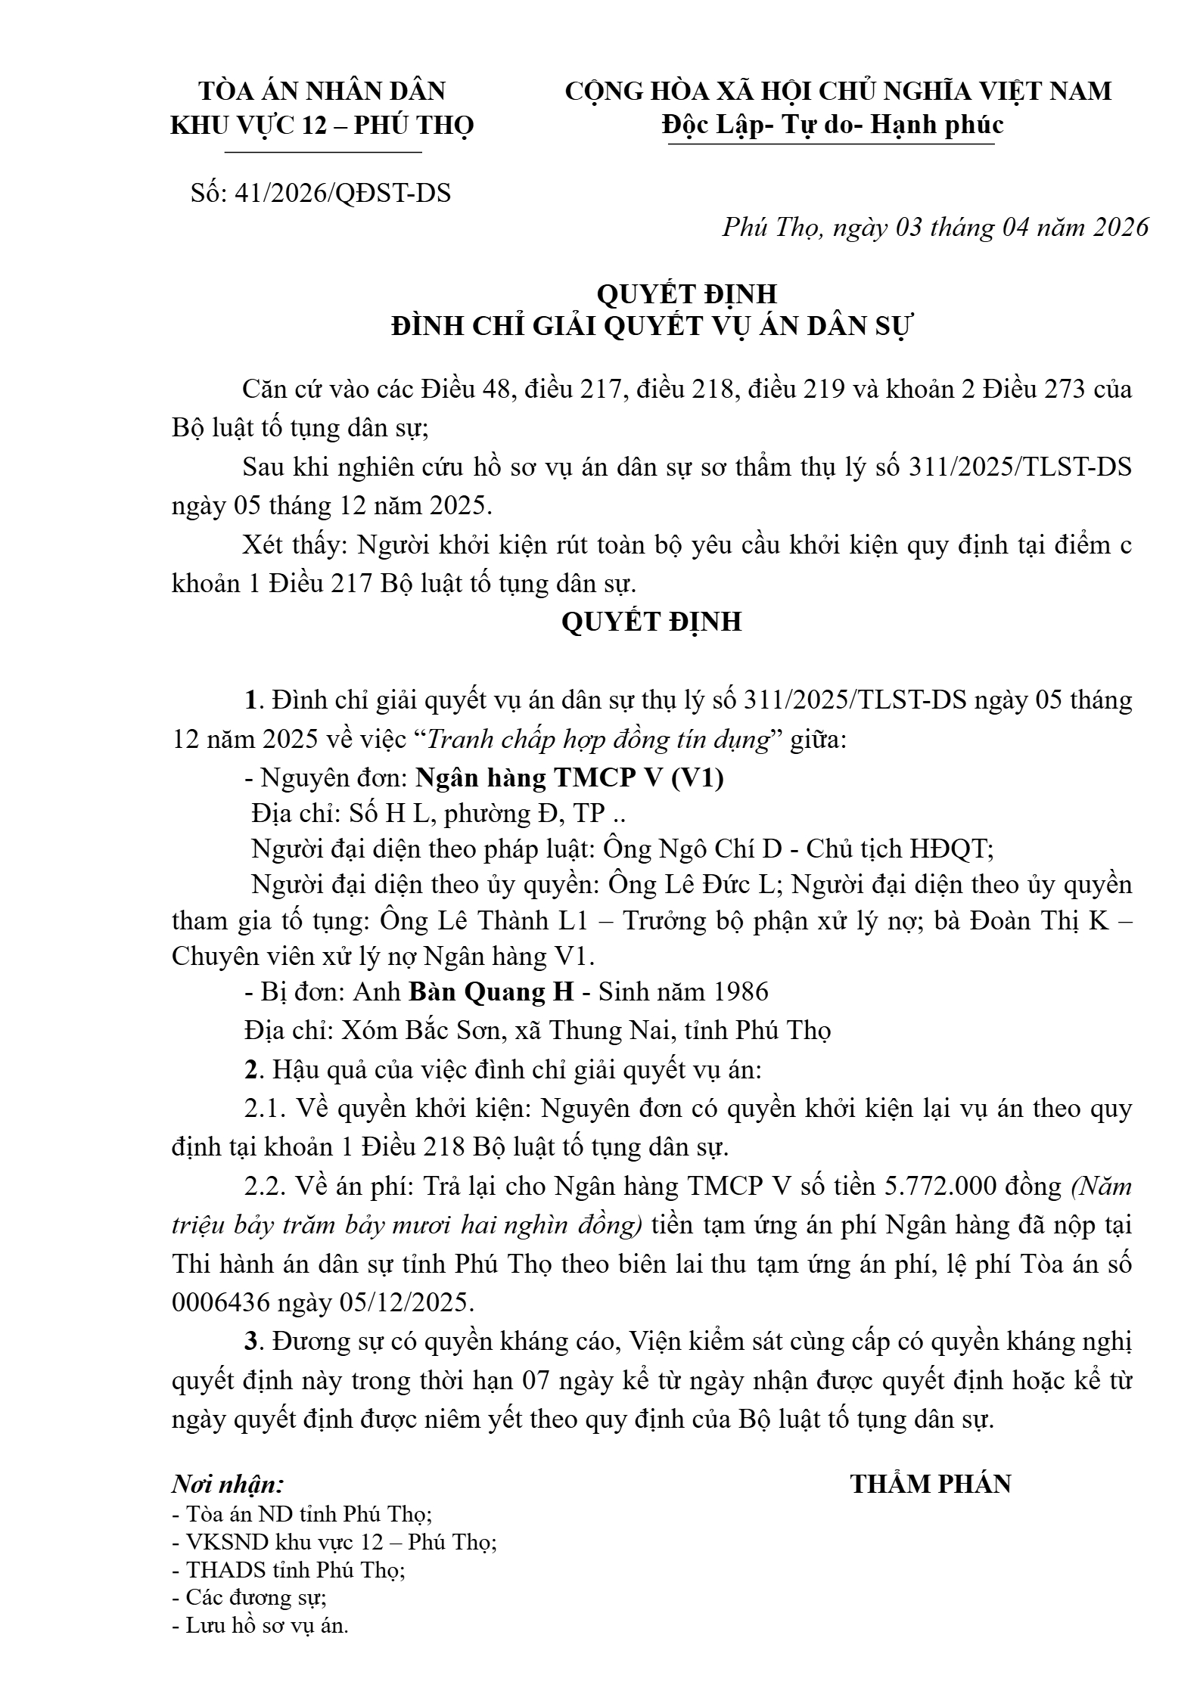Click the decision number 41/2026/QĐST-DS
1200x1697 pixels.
pyautogui.click(x=343, y=194)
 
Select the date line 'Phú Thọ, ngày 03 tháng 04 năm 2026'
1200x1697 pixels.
pyautogui.click(x=935, y=227)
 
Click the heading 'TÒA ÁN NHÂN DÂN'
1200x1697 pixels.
pyautogui.click(x=322, y=91)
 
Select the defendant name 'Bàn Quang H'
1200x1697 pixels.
pyautogui.click(x=492, y=991)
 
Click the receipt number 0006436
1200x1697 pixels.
pyautogui.click(x=216, y=1302)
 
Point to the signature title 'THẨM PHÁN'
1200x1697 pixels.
pyautogui.click(x=931, y=1484)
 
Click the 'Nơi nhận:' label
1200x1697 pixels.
pyautogui.click(x=228, y=1484)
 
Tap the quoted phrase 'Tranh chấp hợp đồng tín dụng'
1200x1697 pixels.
pyautogui.click(x=598, y=739)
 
